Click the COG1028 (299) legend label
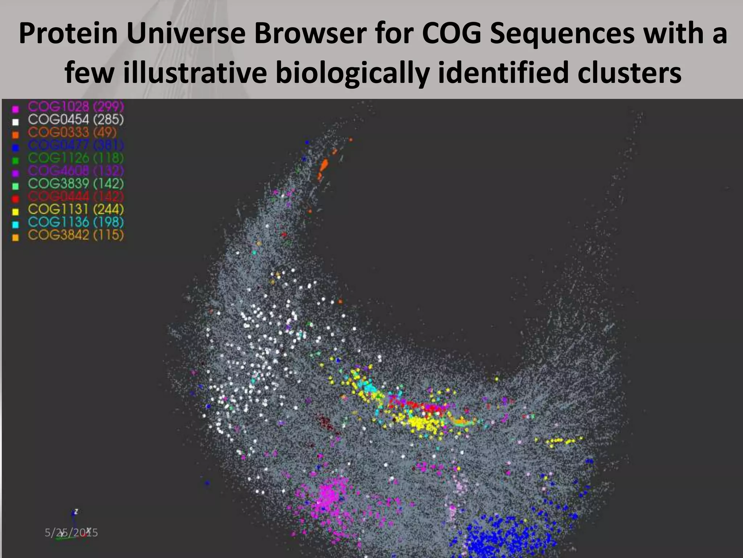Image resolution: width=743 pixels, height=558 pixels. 76,107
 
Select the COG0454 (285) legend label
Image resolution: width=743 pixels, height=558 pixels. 76,120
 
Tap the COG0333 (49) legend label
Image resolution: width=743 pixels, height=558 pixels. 72,132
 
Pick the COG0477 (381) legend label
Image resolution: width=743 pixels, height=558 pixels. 76,145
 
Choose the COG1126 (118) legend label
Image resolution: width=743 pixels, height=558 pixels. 76,158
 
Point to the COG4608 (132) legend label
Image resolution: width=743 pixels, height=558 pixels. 76,171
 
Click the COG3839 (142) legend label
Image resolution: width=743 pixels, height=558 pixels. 76,183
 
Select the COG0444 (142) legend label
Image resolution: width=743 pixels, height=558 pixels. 76,197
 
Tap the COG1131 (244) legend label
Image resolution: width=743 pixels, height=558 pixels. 76,209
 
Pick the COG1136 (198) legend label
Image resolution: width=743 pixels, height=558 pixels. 76,222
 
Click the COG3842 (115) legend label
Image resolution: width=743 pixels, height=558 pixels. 76,235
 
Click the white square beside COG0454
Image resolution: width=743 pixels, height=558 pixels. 16,122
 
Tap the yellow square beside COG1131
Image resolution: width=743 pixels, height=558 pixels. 16,212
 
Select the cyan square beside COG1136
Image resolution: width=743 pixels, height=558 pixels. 16,225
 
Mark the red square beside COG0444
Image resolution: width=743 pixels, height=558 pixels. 16,199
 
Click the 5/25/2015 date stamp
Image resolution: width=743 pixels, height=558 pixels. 71,533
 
